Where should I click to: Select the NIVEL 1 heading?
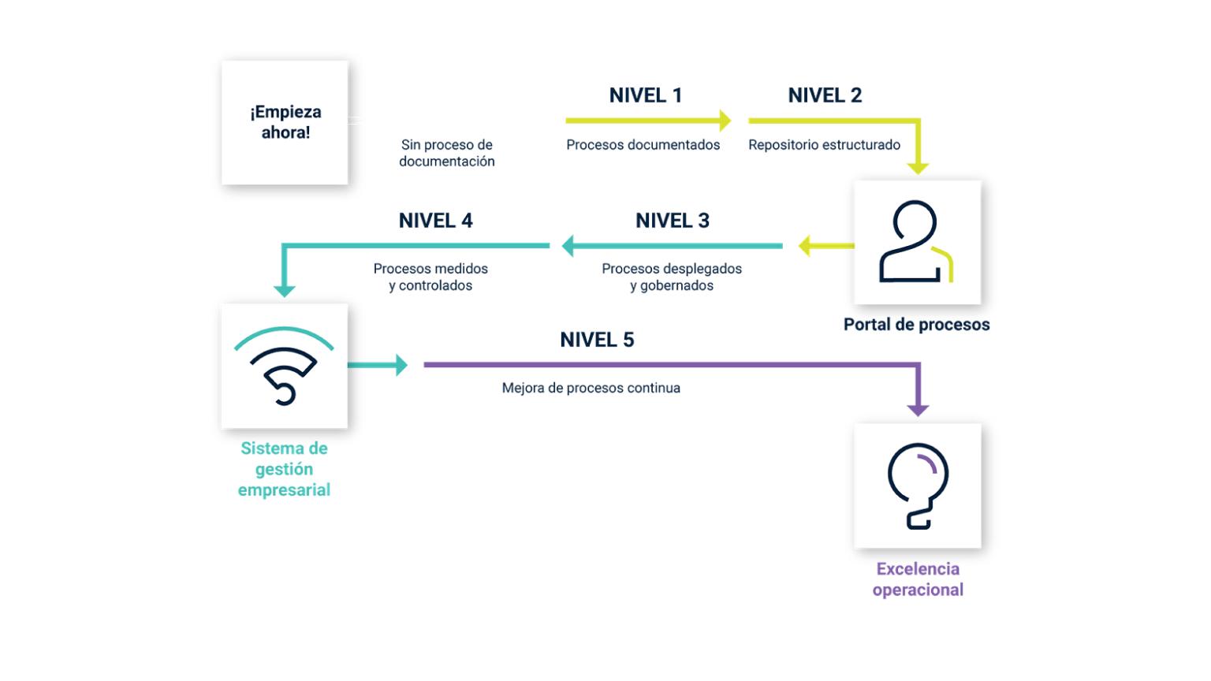(x=646, y=95)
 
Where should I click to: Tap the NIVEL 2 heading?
(x=825, y=95)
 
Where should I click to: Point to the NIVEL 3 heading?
(x=673, y=221)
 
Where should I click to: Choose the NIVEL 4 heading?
(x=436, y=221)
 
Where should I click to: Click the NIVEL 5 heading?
(x=597, y=340)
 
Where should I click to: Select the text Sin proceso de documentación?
(x=447, y=153)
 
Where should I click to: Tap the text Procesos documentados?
(x=643, y=145)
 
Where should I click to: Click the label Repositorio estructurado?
(x=824, y=145)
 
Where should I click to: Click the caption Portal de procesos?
(x=916, y=325)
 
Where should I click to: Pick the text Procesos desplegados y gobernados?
(x=672, y=277)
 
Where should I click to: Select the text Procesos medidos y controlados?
(x=430, y=277)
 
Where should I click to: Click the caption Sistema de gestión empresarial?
(x=284, y=469)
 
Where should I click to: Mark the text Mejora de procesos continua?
(x=591, y=388)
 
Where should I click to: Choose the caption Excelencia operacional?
(x=918, y=579)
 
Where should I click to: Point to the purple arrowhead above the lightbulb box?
(x=918, y=410)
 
